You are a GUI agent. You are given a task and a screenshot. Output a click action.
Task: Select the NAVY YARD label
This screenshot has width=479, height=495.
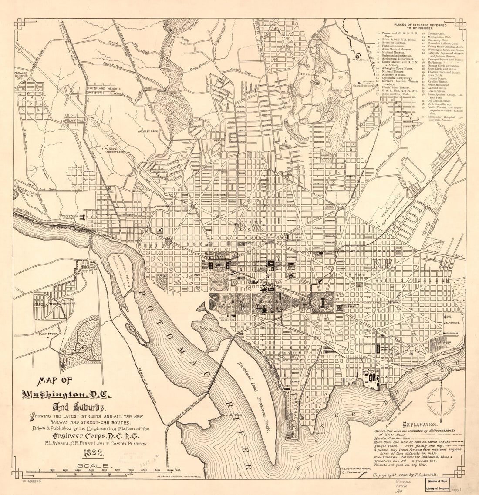[x=366, y=372]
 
